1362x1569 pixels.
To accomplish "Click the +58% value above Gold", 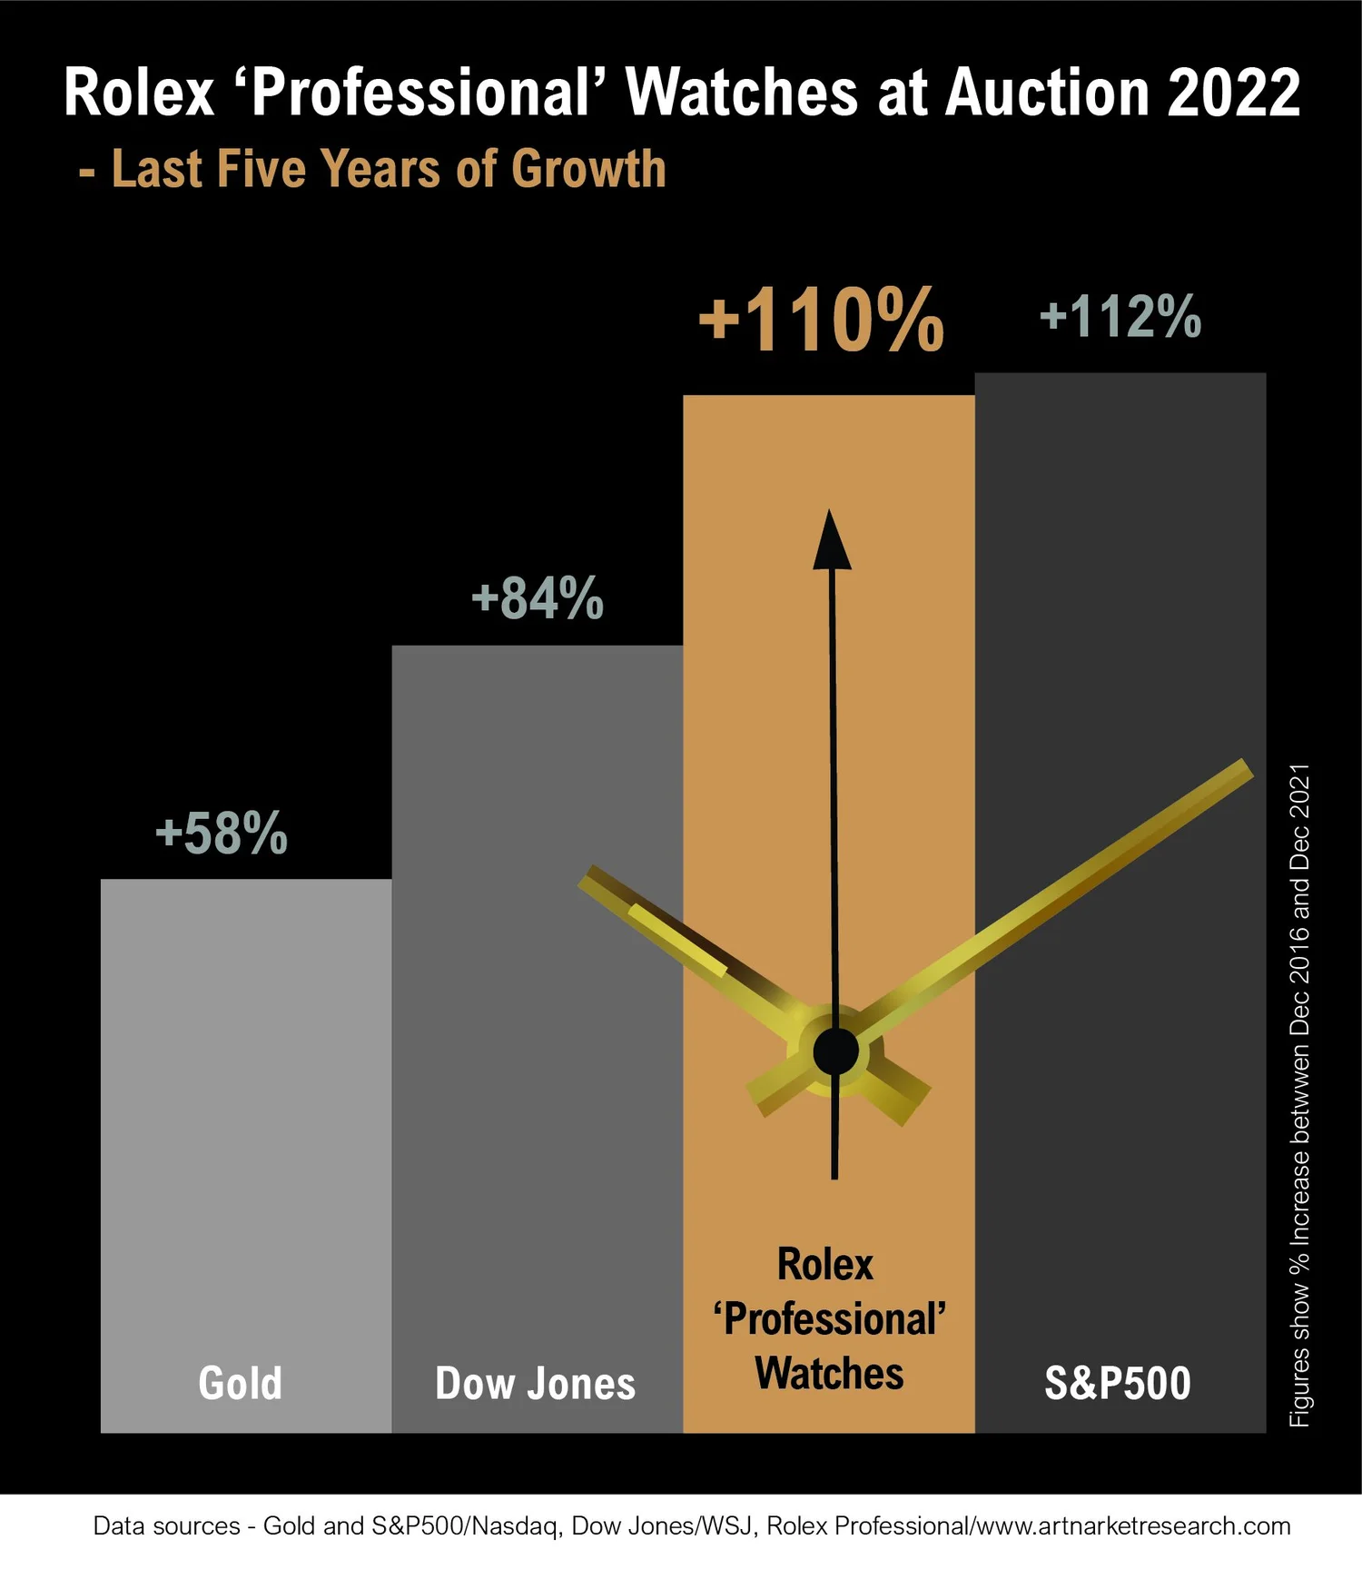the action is (222, 833).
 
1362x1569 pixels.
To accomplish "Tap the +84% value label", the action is (538, 597).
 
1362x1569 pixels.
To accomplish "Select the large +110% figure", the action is (822, 319).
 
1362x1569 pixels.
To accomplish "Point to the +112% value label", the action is (1120, 316).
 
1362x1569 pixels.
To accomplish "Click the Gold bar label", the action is (241, 1383).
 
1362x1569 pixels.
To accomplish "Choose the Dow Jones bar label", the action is (536, 1383).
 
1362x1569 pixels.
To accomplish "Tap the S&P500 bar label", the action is (1118, 1383).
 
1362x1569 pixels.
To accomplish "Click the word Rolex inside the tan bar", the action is (825, 1264).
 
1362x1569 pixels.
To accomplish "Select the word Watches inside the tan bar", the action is (829, 1373).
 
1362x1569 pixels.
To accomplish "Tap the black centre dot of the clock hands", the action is (835, 1051).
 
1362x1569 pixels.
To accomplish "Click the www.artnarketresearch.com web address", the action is (1132, 1525).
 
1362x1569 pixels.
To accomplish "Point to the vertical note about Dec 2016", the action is (1300, 1095).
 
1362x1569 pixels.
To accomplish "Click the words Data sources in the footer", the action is (167, 1525).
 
